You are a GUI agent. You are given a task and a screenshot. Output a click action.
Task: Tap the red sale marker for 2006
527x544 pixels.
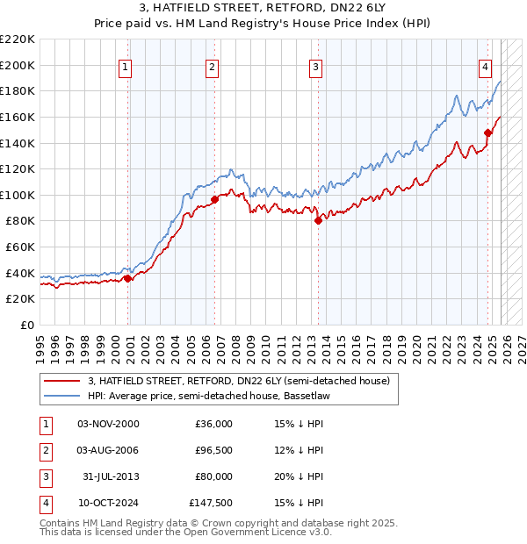coord(214,199)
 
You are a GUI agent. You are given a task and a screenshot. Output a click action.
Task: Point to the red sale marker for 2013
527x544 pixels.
coord(319,221)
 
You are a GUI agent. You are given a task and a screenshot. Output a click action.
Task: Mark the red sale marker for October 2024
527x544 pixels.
coord(487,132)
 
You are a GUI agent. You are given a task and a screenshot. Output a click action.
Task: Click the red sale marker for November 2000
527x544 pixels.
coord(128,278)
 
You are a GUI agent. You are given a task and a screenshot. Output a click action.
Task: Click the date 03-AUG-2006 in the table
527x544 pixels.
coord(108,450)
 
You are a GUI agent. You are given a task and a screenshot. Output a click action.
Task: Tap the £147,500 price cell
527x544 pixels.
coord(211,503)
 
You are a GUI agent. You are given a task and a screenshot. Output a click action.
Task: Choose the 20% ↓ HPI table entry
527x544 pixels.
coord(299,476)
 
